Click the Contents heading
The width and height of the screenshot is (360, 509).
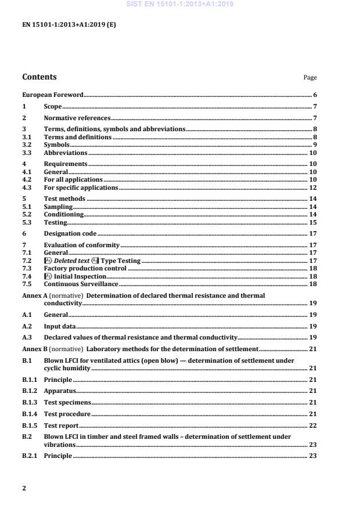(x=39, y=77)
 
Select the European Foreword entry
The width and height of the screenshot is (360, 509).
(x=53, y=94)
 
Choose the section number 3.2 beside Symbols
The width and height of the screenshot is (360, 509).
(x=26, y=145)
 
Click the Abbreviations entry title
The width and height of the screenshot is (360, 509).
(x=66, y=153)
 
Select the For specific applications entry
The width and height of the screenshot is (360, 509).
(x=81, y=188)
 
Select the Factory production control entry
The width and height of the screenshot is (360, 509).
(x=85, y=269)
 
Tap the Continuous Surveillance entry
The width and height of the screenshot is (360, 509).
(x=81, y=284)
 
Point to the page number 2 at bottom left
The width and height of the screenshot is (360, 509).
(x=24, y=488)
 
